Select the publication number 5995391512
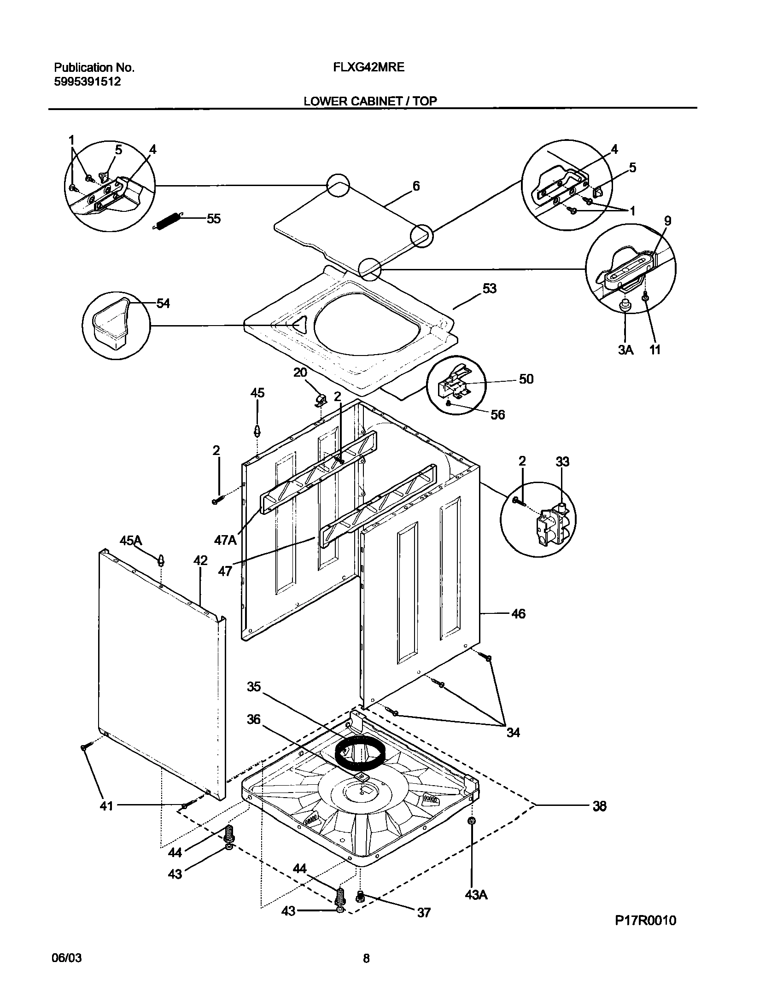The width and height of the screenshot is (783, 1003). [88, 82]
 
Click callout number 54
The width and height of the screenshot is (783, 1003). [163, 303]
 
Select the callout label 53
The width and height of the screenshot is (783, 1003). [490, 289]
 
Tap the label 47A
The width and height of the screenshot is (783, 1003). [225, 540]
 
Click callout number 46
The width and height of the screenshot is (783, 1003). [518, 614]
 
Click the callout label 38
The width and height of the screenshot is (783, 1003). [599, 806]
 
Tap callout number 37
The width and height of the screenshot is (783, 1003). [423, 912]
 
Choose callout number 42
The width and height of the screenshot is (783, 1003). [200, 561]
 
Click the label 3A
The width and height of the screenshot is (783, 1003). [625, 350]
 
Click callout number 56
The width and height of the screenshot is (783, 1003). [497, 415]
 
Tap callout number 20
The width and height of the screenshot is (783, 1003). [300, 372]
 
